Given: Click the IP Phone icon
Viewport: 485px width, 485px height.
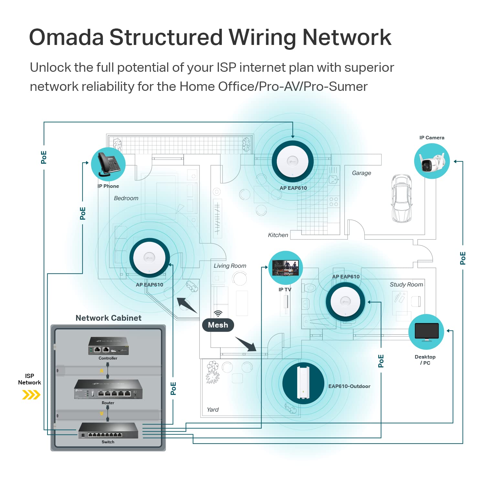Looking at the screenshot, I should pyautogui.click(x=108, y=164).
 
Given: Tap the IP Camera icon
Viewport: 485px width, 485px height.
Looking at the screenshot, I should pyautogui.click(x=432, y=161).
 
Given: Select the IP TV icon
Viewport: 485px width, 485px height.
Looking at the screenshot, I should pyautogui.click(x=286, y=268).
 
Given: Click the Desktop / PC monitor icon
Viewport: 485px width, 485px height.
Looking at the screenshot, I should pyautogui.click(x=426, y=332).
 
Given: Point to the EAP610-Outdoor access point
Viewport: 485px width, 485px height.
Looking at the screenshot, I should pyautogui.click(x=303, y=383).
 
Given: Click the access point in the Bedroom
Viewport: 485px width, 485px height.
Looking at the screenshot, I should pyautogui.click(x=149, y=258).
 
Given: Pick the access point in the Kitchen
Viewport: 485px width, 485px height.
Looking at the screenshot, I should pyautogui.click(x=293, y=161).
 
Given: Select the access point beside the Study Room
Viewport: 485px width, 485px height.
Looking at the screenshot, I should pyautogui.click(x=345, y=302).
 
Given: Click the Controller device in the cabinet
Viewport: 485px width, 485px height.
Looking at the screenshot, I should pyautogui.click(x=108, y=346).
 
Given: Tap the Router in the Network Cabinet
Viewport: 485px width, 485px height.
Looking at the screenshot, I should pyautogui.click(x=108, y=390).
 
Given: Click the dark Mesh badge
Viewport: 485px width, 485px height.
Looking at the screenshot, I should pyautogui.click(x=218, y=325).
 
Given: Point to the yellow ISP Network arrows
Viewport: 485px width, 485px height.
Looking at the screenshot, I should pyautogui.click(x=31, y=395).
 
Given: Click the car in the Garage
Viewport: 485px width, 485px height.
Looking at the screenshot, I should pyautogui.click(x=402, y=198).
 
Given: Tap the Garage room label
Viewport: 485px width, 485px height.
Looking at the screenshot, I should pyautogui.click(x=361, y=173).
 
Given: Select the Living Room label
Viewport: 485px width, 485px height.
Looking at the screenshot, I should pyautogui.click(x=230, y=266).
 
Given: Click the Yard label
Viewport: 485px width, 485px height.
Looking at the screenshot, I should pyautogui.click(x=213, y=410).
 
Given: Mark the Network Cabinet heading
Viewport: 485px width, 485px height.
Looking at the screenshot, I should pyautogui.click(x=108, y=318).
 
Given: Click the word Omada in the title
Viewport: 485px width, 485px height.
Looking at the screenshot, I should pyautogui.click(x=66, y=37).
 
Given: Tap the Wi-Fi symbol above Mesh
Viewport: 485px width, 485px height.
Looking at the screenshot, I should pyautogui.click(x=218, y=314).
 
